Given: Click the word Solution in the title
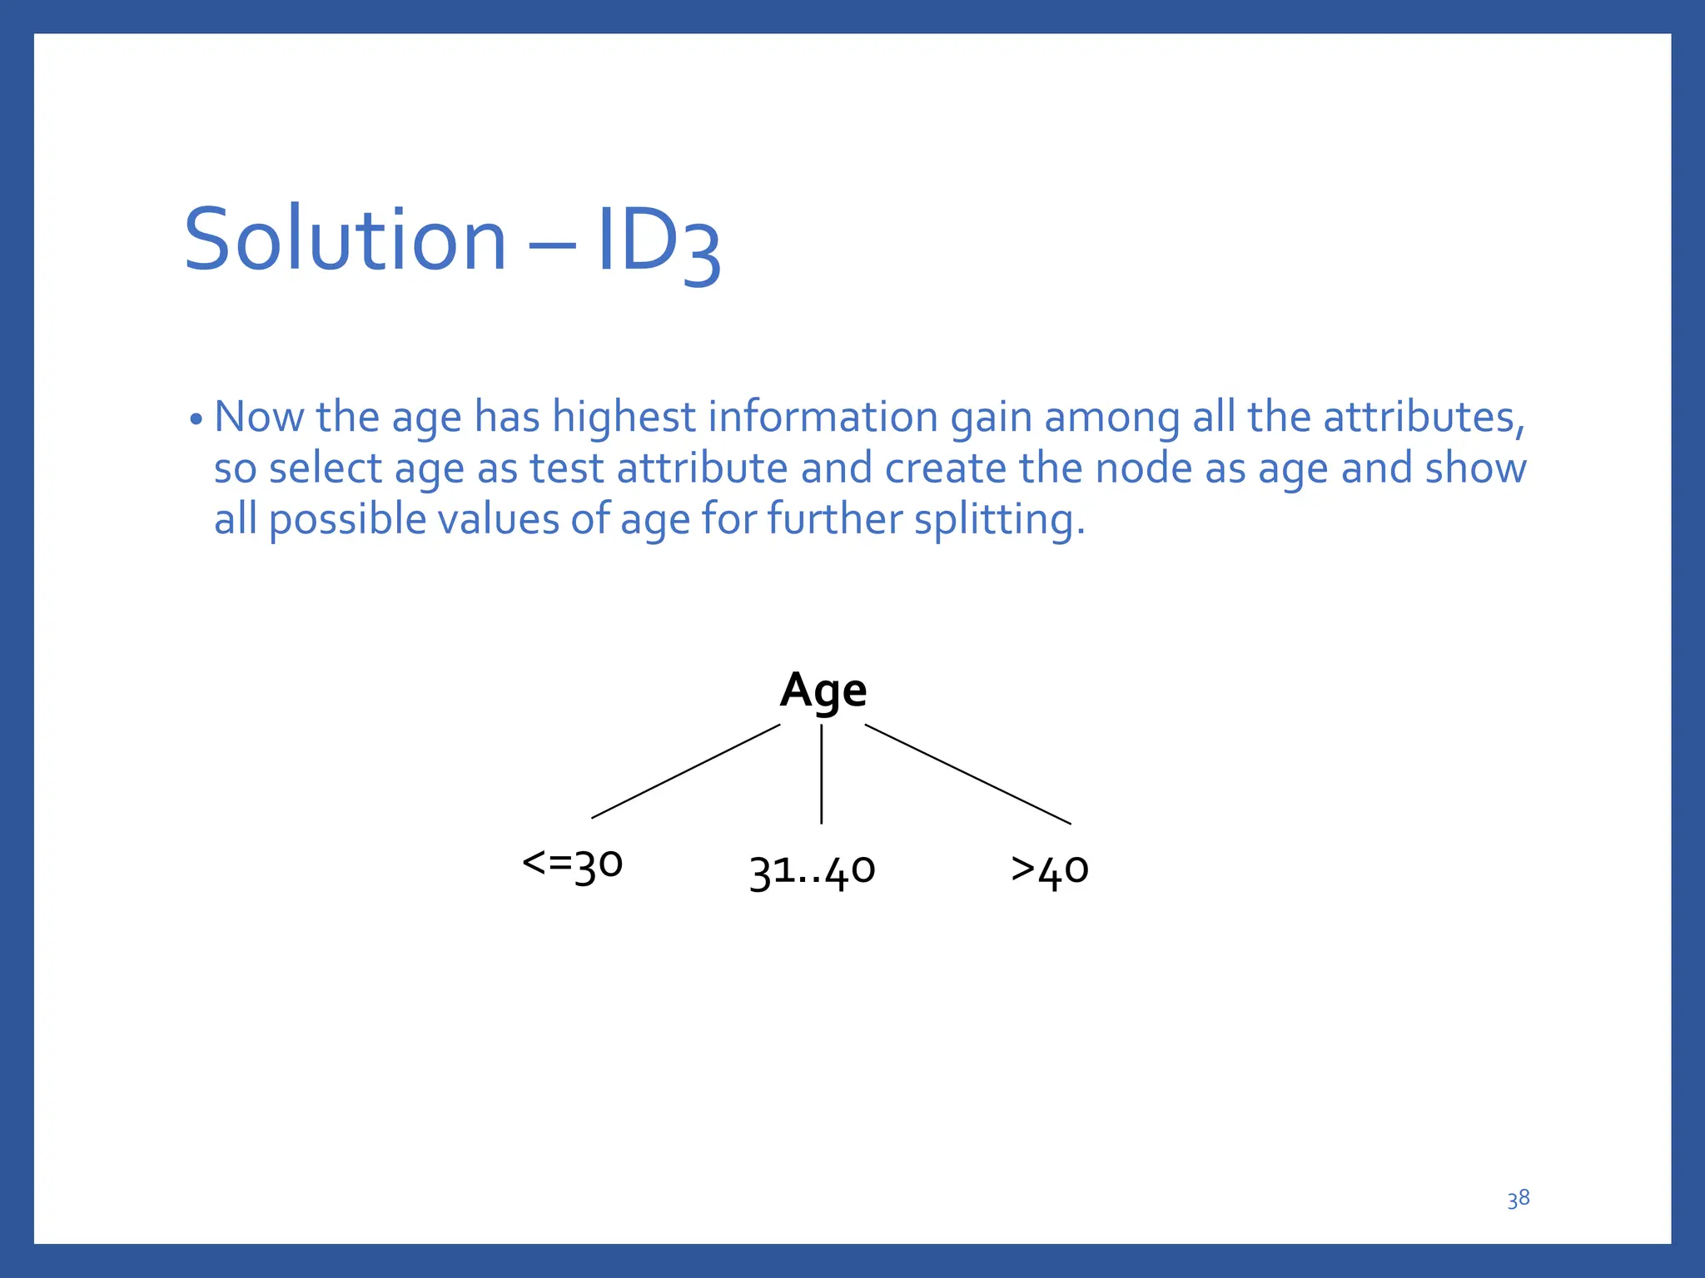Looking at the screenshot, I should coord(345,240).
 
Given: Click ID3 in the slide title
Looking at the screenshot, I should coord(658,243).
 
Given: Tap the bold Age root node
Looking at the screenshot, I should coord(823,691).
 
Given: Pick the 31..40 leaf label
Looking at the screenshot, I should coord(812,870).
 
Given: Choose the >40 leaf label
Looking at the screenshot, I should coord(1049,870).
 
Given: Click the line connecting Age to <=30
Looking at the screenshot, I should coord(685,771).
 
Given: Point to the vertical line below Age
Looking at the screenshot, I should coord(822,774).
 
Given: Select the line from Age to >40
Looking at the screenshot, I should coord(967,774).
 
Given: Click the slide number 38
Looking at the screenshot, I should coord(1518,1199).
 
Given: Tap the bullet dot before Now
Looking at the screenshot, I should coord(196,419).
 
